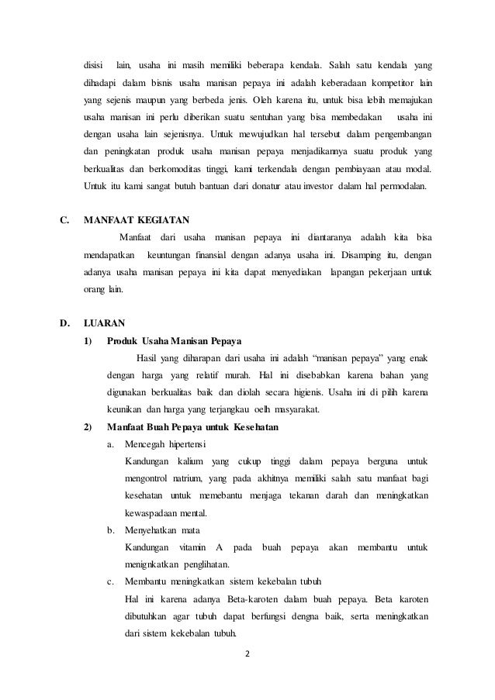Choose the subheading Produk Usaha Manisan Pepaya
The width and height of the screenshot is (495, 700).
[175, 341]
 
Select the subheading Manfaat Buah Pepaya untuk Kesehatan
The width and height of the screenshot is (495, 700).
[193, 427]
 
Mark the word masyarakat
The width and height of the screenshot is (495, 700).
[298, 410]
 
